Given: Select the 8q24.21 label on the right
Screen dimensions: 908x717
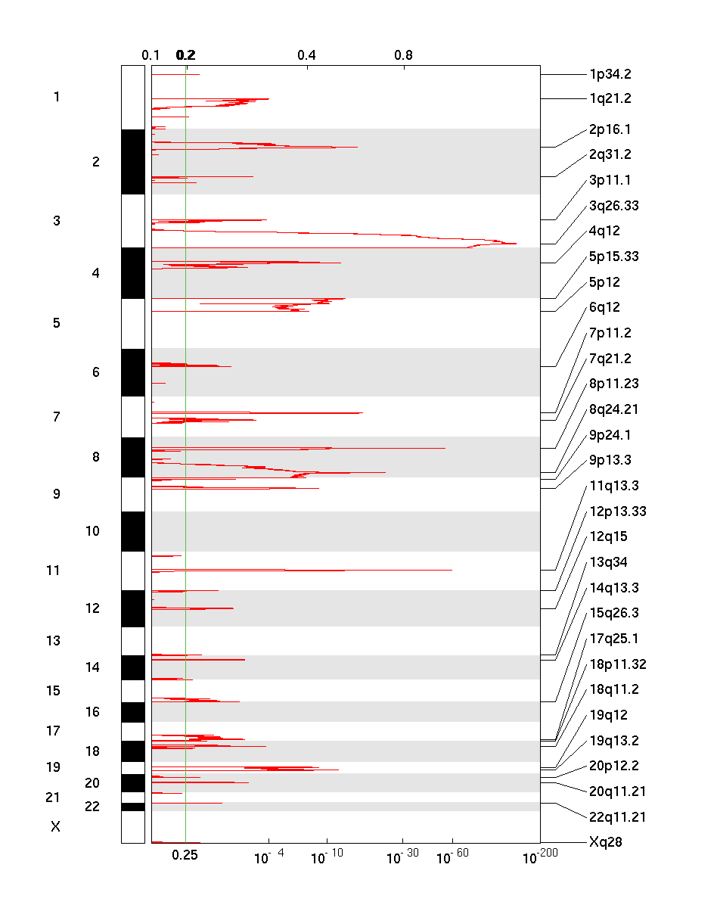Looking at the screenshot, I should coord(613,409).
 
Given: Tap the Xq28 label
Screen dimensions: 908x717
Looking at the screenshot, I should coord(605,841).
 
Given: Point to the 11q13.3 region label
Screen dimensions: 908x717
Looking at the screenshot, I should coord(613,486).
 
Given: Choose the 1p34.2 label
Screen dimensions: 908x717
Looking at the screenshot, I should coord(610,74).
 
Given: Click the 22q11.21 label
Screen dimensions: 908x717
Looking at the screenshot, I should coord(617,816).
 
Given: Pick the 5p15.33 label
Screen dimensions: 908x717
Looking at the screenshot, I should coord(613,257).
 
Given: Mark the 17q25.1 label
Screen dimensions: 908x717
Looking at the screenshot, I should coord(613,639).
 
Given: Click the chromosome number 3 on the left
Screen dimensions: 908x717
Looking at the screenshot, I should coord(57,221).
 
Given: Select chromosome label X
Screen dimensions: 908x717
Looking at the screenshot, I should coord(55,827).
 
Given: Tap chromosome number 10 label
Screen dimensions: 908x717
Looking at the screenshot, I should coord(92,531).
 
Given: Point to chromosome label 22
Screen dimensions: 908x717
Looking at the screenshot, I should coord(92,807).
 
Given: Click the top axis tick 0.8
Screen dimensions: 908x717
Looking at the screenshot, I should coord(403,55).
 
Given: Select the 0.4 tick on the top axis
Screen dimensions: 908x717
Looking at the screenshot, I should coord(306,55).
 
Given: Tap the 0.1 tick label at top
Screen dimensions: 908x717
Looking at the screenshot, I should coord(151,55).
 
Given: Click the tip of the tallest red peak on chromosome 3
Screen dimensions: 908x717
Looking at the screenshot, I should coord(517,244).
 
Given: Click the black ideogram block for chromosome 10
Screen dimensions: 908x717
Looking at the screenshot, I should coord(132,531).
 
